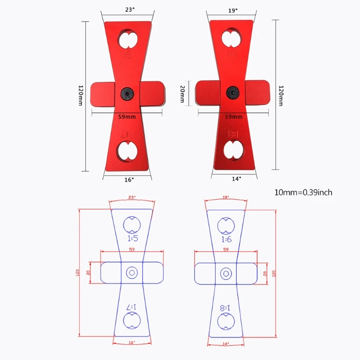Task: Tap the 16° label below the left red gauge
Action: click(x=129, y=180)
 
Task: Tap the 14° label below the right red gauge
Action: click(x=237, y=179)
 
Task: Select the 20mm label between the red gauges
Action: click(x=182, y=95)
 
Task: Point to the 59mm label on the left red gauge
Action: click(x=127, y=117)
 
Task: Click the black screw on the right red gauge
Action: click(x=233, y=93)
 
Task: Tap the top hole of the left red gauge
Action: click(x=128, y=40)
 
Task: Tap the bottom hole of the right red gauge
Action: click(x=234, y=148)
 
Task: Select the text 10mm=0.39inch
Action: click(x=303, y=192)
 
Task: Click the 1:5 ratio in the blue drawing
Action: click(x=132, y=238)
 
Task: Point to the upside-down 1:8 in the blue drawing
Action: click(x=225, y=308)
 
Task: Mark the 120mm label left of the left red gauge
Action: click(x=80, y=95)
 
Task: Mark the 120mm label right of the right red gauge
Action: click(x=281, y=95)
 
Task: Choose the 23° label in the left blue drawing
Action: click(x=132, y=198)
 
